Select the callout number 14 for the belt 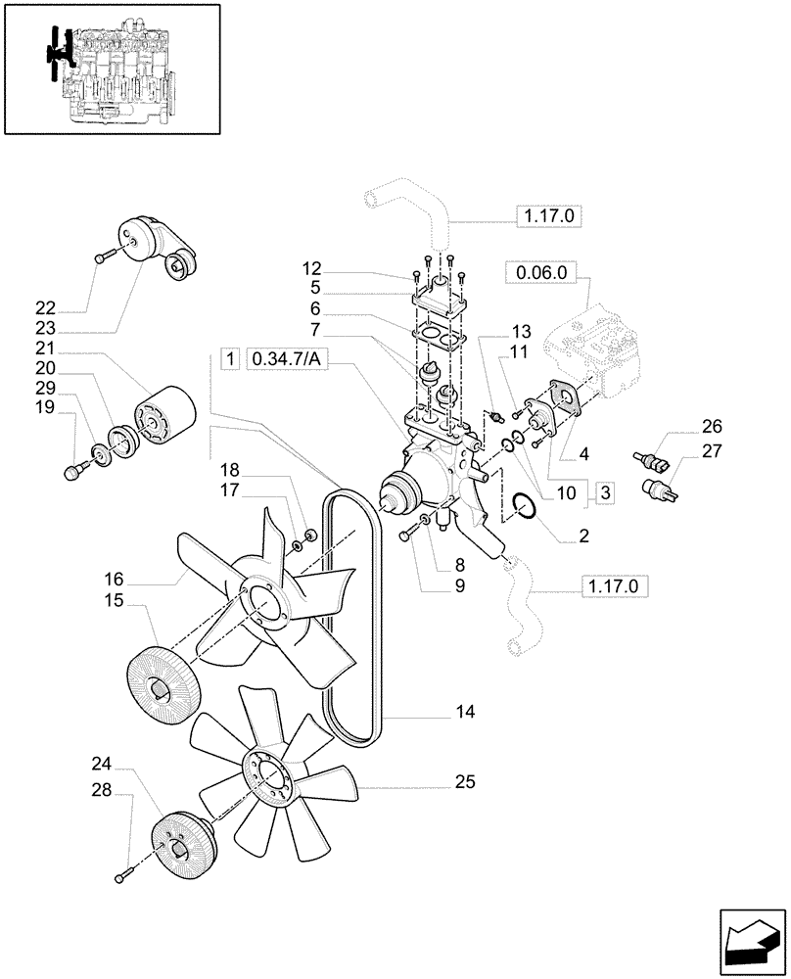coord(464,713)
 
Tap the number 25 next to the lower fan coord(464,782)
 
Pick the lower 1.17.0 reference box coord(616,586)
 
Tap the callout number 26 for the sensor coord(711,426)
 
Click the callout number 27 coord(711,450)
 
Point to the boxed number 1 coord(228,358)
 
